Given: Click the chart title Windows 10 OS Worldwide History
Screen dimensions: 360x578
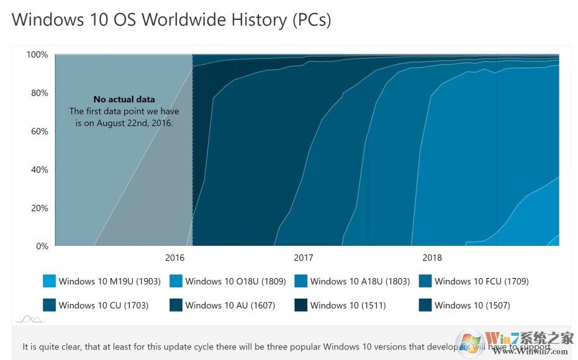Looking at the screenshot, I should [171, 20].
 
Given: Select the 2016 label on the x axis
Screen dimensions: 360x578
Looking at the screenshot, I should [175, 258].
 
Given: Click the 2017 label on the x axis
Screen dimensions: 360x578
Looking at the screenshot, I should [304, 258].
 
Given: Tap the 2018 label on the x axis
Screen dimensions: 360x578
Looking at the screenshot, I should [432, 258].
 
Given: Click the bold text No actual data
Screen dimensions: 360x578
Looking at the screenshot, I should [124, 99].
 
